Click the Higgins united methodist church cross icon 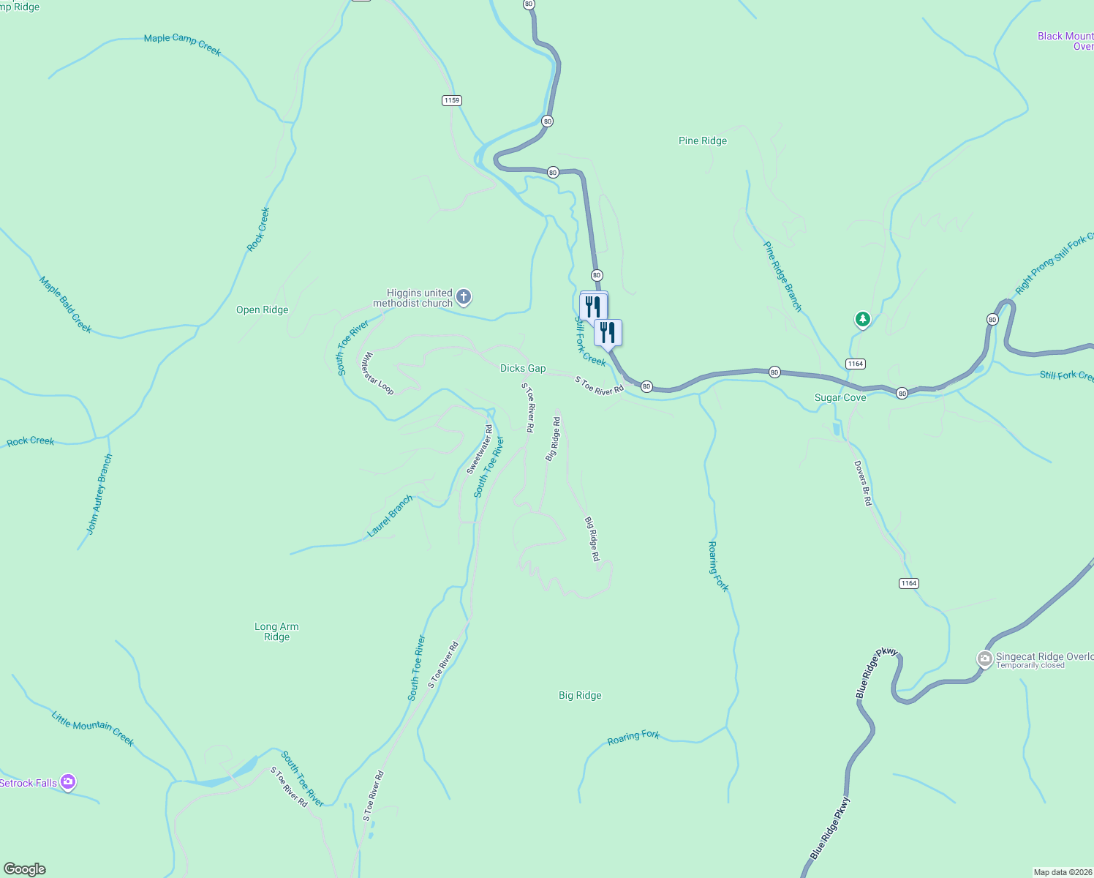coord(463,297)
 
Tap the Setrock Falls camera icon coord(68,782)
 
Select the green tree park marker coord(863,319)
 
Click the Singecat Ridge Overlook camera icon coord(985,659)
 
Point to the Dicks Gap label coord(523,368)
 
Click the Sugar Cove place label coord(840,397)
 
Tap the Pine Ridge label coord(703,140)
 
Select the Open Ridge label coord(262,309)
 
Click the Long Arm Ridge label coord(276,631)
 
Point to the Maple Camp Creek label coord(182,44)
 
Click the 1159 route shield coord(452,100)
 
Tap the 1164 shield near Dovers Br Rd coord(908,583)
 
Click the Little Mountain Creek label coord(93,728)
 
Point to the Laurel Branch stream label coord(391,516)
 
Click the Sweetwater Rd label coord(480,449)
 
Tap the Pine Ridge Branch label coord(782,276)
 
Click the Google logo coord(25,869)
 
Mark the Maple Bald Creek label coord(66,304)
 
